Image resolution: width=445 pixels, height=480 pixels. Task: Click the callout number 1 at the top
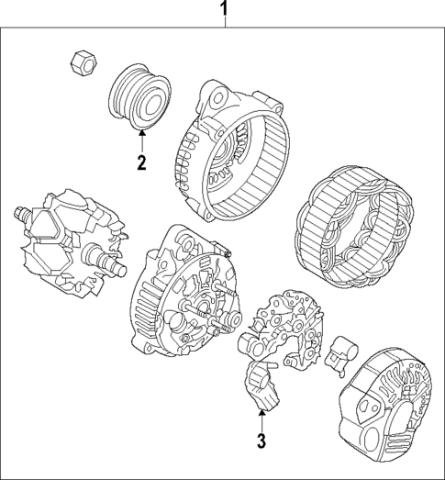222,10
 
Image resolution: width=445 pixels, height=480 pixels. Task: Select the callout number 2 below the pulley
141,164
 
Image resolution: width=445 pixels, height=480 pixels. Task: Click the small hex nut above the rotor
80,61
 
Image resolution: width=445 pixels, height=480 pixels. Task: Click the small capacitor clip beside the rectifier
348,350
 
